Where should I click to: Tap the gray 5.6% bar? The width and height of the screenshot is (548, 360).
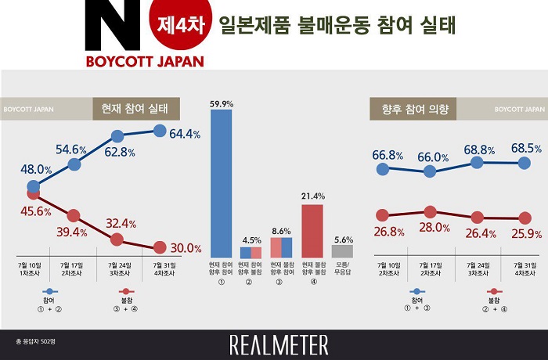pyautogui.click(x=342, y=251)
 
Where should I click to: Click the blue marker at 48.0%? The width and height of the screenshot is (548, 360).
pyautogui.click(x=33, y=186)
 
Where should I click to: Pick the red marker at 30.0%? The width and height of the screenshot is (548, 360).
pyautogui.click(x=159, y=247)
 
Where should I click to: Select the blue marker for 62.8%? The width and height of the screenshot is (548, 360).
pyautogui.click(x=117, y=137)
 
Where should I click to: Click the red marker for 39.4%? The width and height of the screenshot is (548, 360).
pyautogui.click(x=74, y=215)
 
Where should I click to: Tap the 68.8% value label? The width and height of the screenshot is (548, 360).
pyautogui.click(x=478, y=149)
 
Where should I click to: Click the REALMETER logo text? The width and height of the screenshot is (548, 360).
pyautogui.click(x=279, y=344)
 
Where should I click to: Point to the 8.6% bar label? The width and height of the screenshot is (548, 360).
pyautogui.click(x=281, y=232)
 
